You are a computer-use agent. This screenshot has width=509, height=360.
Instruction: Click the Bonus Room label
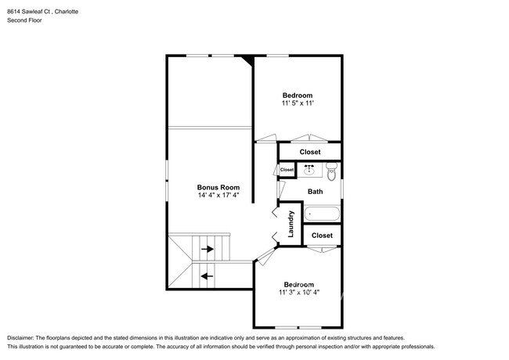(x=218, y=187)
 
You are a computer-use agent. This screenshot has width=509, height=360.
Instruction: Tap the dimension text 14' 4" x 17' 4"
(x=218, y=195)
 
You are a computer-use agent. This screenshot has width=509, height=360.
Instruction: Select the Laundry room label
(x=291, y=224)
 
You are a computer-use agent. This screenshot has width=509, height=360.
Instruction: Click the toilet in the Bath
(x=331, y=171)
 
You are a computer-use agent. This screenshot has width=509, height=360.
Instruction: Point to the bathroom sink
(x=309, y=170)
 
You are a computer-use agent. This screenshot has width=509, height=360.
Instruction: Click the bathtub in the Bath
(x=322, y=214)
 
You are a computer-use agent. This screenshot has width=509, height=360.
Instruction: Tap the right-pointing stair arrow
(x=208, y=249)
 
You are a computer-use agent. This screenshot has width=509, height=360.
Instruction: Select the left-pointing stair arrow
(x=207, y=276)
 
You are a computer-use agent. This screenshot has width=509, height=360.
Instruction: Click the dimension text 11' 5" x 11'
(x=298, y=103)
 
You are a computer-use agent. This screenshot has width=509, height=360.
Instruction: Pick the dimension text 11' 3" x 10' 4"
(x=299, y=292)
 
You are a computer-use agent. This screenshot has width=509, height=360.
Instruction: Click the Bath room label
(x=316, y=192)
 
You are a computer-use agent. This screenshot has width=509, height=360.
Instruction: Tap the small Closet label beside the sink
(x=287, y=170)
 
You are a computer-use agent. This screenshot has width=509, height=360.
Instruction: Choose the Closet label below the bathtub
(x=322, y=235)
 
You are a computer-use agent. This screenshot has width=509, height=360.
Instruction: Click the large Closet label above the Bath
(x=310, y=152)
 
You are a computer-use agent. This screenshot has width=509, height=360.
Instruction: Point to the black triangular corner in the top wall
(x=249, y=60)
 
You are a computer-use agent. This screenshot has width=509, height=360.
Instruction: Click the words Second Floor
(x=25, y=20)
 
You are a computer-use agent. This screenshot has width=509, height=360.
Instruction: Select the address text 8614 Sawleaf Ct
(x=28, y=12)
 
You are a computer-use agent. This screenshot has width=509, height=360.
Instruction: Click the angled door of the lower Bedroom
(x=266, y=256)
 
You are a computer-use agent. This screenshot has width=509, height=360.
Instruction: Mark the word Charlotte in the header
(x=67, y=12)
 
